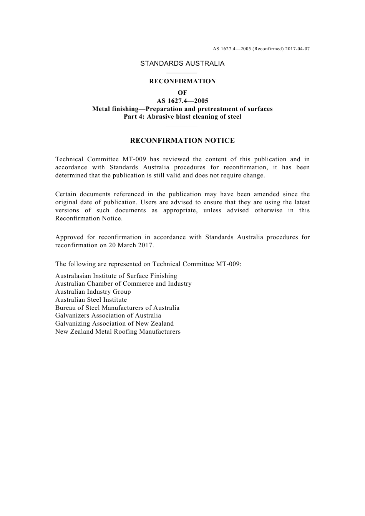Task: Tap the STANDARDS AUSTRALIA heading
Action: coord(182,64)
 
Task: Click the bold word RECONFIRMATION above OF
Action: coord(182,81)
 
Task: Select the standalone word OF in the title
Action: coord(182,93)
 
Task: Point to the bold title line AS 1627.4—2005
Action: coord(182,101)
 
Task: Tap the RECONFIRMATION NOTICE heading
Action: coord(182,141)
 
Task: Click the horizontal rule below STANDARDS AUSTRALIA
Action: coord(182,73)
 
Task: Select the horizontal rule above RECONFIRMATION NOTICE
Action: coord(182,126)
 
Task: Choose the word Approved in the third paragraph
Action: coord(69,237)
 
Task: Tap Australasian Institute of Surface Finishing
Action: coord(116,276)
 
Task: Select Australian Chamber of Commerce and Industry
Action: coord(123,284)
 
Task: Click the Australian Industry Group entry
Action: coord(93,292)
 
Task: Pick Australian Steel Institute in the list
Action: coord(91,300)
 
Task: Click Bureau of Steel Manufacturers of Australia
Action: coord(117,308)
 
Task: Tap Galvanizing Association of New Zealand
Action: coord(114,324)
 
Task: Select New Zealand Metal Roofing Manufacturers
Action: coord(118,332)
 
